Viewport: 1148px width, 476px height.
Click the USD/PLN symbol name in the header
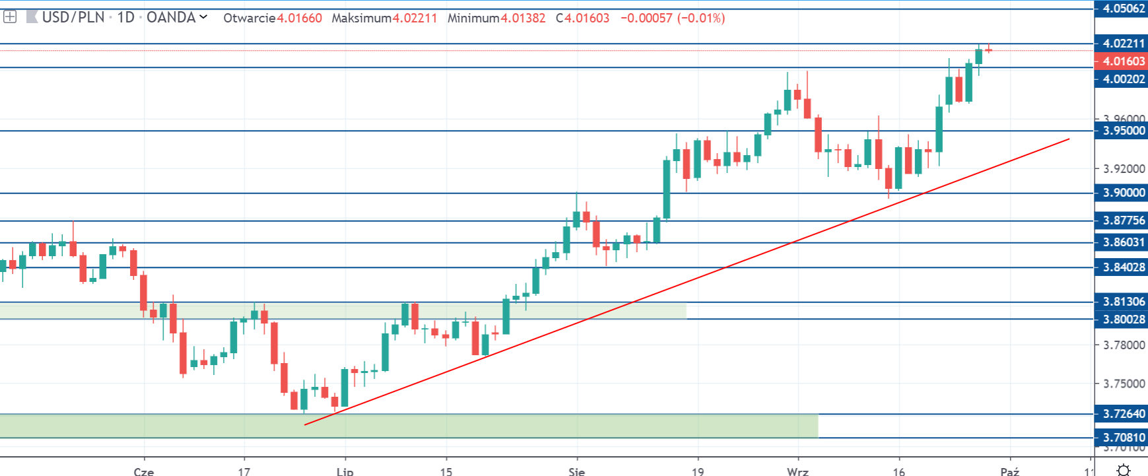point(73,17)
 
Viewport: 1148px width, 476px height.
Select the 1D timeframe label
point(125,17)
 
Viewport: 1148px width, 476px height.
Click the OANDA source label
point(171,17)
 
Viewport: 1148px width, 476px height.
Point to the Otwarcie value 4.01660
point(299,18)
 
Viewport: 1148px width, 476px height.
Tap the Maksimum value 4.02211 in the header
point(415,18)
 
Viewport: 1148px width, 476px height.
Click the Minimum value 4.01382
point(523,18)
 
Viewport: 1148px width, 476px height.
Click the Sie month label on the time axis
point(576,471)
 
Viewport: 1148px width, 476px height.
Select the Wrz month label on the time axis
point(797,471)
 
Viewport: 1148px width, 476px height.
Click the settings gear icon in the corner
point(1123,470)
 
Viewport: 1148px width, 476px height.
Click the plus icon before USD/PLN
point(10,17)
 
